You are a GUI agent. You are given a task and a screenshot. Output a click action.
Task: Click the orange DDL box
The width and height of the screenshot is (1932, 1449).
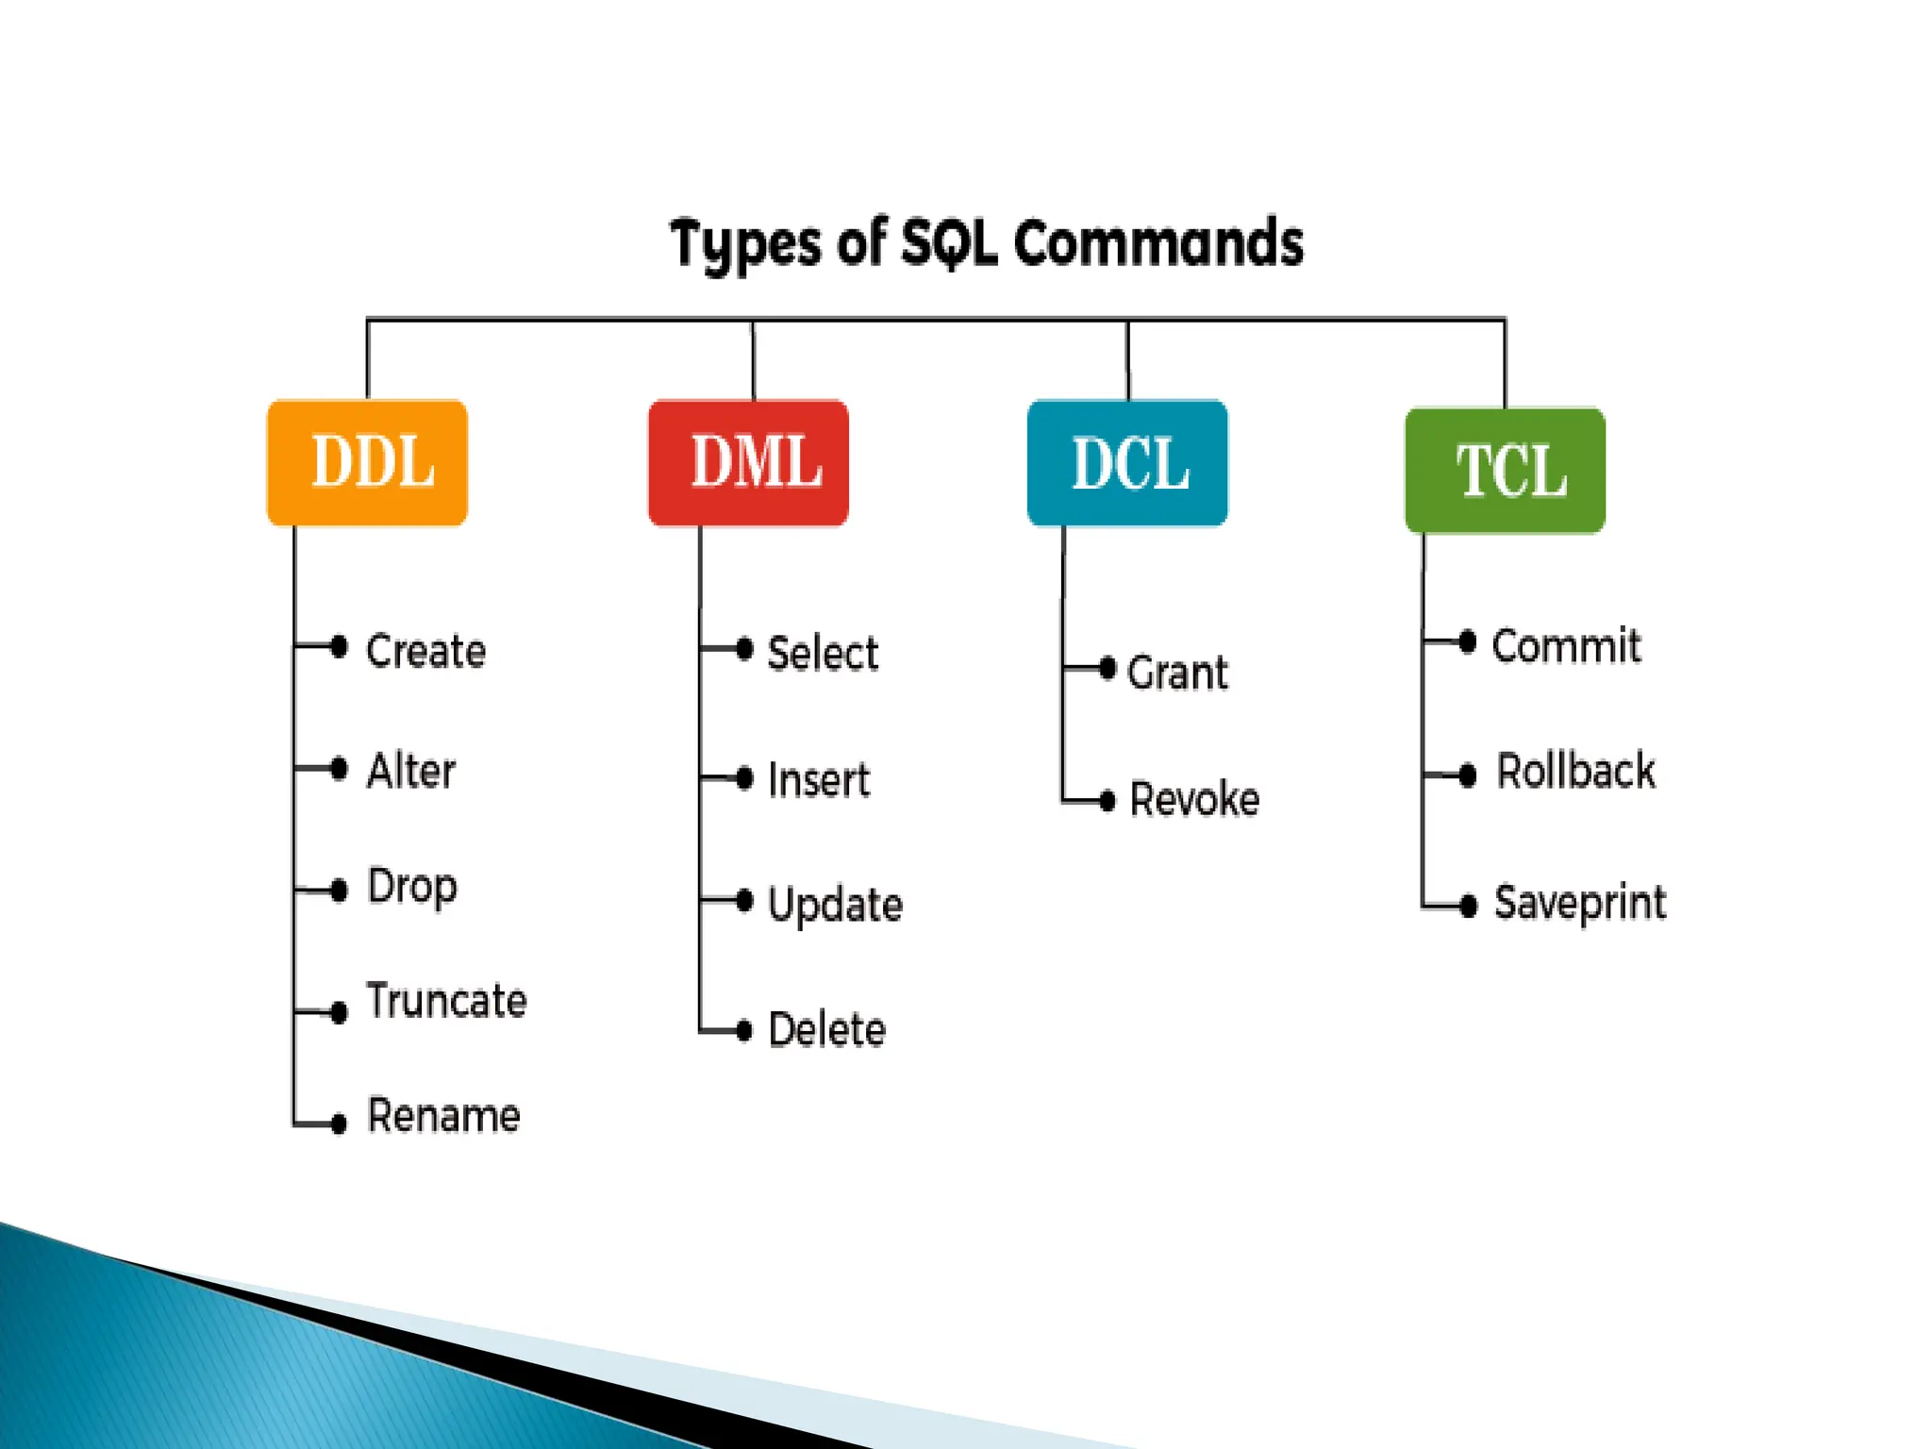point(367,462)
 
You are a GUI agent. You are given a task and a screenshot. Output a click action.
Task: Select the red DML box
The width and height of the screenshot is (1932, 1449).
point(748,462)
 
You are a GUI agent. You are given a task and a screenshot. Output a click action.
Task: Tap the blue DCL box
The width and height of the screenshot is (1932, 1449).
point(1127,463)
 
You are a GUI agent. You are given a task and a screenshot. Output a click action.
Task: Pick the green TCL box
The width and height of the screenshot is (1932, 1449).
point(1505,470)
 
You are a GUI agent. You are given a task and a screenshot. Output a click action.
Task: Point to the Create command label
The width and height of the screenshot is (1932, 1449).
point(425,651)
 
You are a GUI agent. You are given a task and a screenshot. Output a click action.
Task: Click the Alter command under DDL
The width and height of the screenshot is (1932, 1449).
point(411,771)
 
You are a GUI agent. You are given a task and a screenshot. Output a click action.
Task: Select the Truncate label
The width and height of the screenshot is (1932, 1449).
point(446,1001)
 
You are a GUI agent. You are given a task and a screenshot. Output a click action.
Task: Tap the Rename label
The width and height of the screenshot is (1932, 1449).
point(443,1116)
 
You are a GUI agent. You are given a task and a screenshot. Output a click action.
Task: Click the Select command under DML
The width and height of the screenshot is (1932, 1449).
point(823,653)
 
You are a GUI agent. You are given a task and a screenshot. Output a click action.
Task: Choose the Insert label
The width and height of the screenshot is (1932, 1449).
point(819,780)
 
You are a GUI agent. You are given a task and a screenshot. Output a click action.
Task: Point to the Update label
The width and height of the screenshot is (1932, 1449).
point(835,905)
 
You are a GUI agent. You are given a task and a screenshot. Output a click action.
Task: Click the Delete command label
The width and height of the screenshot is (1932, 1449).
point(827,1029)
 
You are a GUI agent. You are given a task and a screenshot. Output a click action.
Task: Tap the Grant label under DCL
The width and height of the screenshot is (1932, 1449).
point(1177,673)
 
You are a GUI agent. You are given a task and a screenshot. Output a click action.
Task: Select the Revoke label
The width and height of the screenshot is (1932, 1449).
point(1194,799)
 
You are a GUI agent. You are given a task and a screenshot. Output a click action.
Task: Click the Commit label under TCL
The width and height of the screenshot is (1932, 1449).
point(1566,646)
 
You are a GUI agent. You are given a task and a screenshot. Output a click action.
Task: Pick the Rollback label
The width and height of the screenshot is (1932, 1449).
point(1575,771)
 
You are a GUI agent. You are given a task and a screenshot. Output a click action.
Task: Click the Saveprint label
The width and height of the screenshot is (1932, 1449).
point(1580,903)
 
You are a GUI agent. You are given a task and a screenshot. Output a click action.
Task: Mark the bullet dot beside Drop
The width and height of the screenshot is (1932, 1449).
point(340,890)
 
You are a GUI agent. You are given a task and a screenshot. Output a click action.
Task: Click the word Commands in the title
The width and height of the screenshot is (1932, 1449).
point(1158,243)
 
